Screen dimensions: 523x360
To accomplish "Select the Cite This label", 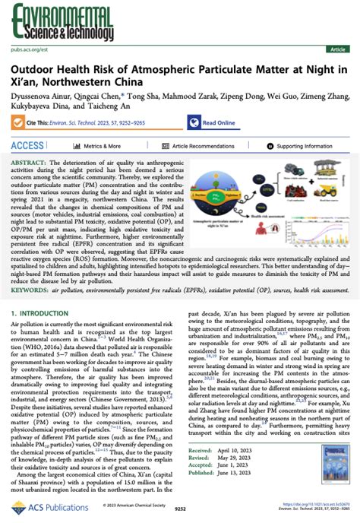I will pyautogui.click(x=37, y=123).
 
